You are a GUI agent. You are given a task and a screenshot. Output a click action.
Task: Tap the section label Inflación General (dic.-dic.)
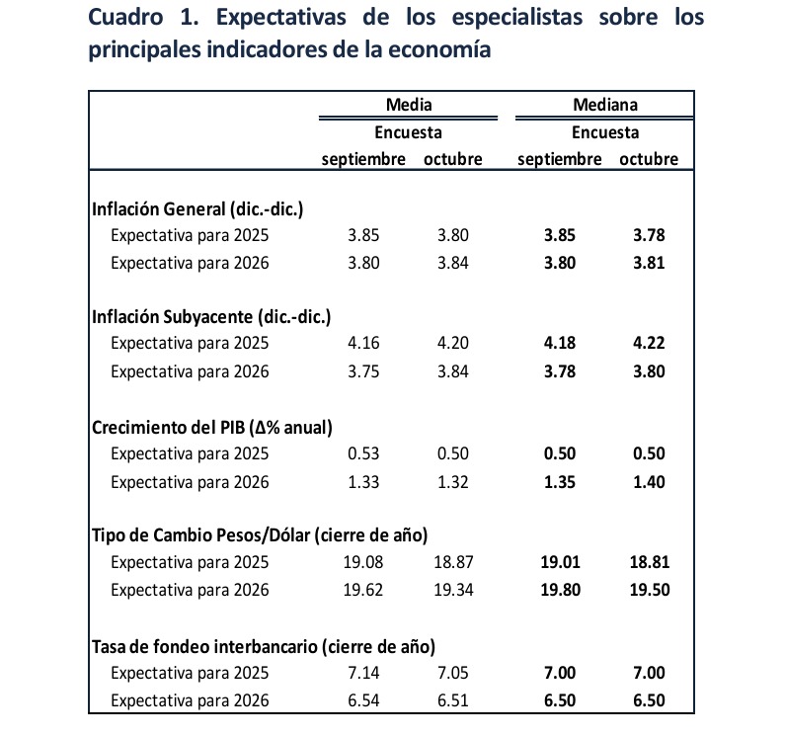(x=196, y=209)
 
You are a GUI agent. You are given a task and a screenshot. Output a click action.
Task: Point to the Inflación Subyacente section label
(x=210, y=317)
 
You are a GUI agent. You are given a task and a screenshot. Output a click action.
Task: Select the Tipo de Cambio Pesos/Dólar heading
(x=259, y=536)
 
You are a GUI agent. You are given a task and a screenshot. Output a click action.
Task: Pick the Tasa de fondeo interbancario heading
(x=264, y=646)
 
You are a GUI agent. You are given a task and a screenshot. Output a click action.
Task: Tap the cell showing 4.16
(x=364, y=345)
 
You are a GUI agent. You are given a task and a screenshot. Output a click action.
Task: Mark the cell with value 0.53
(x=364, y=454)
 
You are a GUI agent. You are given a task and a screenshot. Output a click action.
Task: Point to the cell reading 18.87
(x=452, y=564)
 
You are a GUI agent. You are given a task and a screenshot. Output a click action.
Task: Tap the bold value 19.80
(x=559, y=591)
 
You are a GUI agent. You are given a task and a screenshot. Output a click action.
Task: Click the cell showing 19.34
(x=452, y=591)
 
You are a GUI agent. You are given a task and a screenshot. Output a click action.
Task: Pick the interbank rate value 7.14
(x=364, y=674)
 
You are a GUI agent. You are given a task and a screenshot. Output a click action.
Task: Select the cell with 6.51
(x=452, y=700)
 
